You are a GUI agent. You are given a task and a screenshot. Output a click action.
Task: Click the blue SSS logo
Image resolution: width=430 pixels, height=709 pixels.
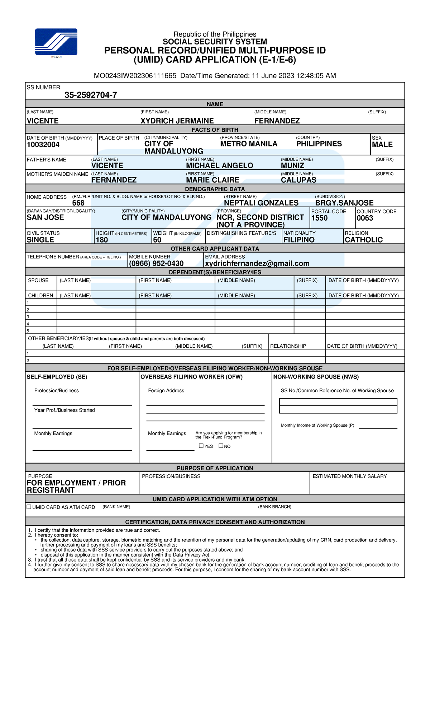pyautogui.click(x=56, y=42)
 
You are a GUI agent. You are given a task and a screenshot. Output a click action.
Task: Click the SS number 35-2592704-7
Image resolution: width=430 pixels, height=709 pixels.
pyautogui.click(x=91, y=95)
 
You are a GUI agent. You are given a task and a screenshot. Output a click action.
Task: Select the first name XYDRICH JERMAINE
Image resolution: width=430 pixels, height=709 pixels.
pyautogui.click(x=177, y=121)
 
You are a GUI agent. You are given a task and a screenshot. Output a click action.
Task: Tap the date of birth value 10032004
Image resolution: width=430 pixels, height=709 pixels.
pyautogui.click(x=43, y=145)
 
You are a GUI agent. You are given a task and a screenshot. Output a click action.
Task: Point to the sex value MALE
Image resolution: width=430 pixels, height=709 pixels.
pyautogui.click(x=382, y=145)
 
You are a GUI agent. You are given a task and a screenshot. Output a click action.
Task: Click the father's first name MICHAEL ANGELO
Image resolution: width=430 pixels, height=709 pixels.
pyautogui.click(x=219, y=165)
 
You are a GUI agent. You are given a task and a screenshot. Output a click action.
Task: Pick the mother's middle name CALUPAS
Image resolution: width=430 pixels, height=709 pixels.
pyautogui.click(x=298, y=180)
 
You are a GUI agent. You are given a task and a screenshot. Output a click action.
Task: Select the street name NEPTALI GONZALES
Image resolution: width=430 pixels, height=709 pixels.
pyautogui.click(x=261, y=203)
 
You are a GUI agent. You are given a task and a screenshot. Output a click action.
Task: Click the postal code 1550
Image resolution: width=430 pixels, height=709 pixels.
pyautogui.click(x=319, y=218)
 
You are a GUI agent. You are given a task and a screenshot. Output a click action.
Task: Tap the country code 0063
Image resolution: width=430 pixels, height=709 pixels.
pyautogui.click(x=365, y=218)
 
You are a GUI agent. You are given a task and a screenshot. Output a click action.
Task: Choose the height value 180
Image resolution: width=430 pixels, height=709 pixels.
pyautogui.click(x=102, y=240)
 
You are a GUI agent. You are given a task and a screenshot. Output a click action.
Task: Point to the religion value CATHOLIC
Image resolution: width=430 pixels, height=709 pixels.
pyautogui.click(x=363, y=240)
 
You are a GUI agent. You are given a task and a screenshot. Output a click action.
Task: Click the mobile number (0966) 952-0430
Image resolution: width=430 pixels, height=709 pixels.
pyautogui.click(x=156, y=263)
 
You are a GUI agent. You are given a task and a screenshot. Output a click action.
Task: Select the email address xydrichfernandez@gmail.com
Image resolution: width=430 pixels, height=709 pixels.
pyautogui.click(x=257, y=263)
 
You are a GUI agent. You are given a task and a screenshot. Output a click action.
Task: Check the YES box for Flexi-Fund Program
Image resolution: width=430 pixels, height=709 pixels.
pyautogui.click(x=201, y=446)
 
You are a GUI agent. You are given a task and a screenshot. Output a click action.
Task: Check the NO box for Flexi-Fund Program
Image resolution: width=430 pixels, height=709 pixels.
pyautogui.click(x=221, y=446)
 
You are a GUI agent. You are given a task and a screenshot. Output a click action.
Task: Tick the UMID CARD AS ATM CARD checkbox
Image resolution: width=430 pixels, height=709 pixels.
pyautogui.click(x=29, y=507)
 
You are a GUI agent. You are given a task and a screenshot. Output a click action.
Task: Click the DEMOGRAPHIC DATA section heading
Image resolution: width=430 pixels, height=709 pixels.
pyautogui.click(x=215, y=189)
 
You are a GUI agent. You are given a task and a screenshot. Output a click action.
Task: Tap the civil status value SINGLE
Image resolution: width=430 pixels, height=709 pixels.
pyautogui.click(x=40, y=240)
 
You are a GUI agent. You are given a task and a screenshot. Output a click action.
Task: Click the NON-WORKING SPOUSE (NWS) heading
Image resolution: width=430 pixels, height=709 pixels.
pyautogui.click(x=316, y=377)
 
